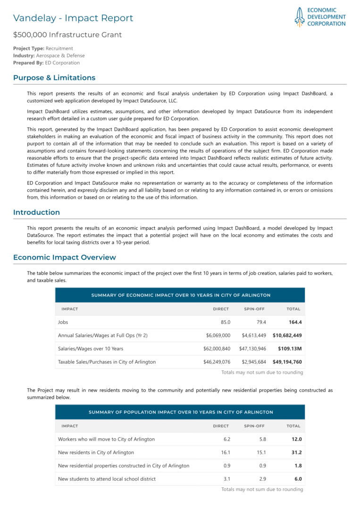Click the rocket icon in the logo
(299, 17)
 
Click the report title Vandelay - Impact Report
(73, 18)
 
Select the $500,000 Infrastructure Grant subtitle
(67, 34)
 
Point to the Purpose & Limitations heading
(54, 77)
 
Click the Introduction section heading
(36, 212)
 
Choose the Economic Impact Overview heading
(64, 257)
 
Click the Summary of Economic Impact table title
(181, 295)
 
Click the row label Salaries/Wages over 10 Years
(90, 348)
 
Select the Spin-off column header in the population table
(255, 426)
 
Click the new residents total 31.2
(296, 452)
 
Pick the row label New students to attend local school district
(107, 479)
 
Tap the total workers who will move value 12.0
(296, 439)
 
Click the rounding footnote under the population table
(262, 489)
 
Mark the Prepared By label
(28, 63)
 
